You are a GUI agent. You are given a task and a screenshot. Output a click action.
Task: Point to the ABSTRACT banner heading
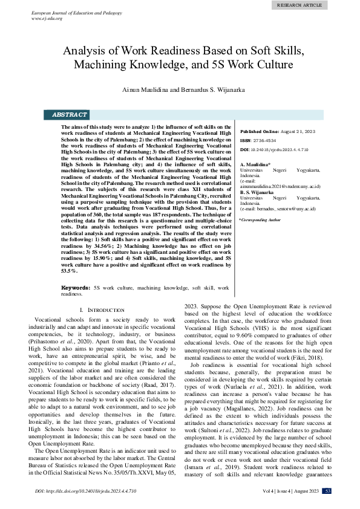(70, 114)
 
